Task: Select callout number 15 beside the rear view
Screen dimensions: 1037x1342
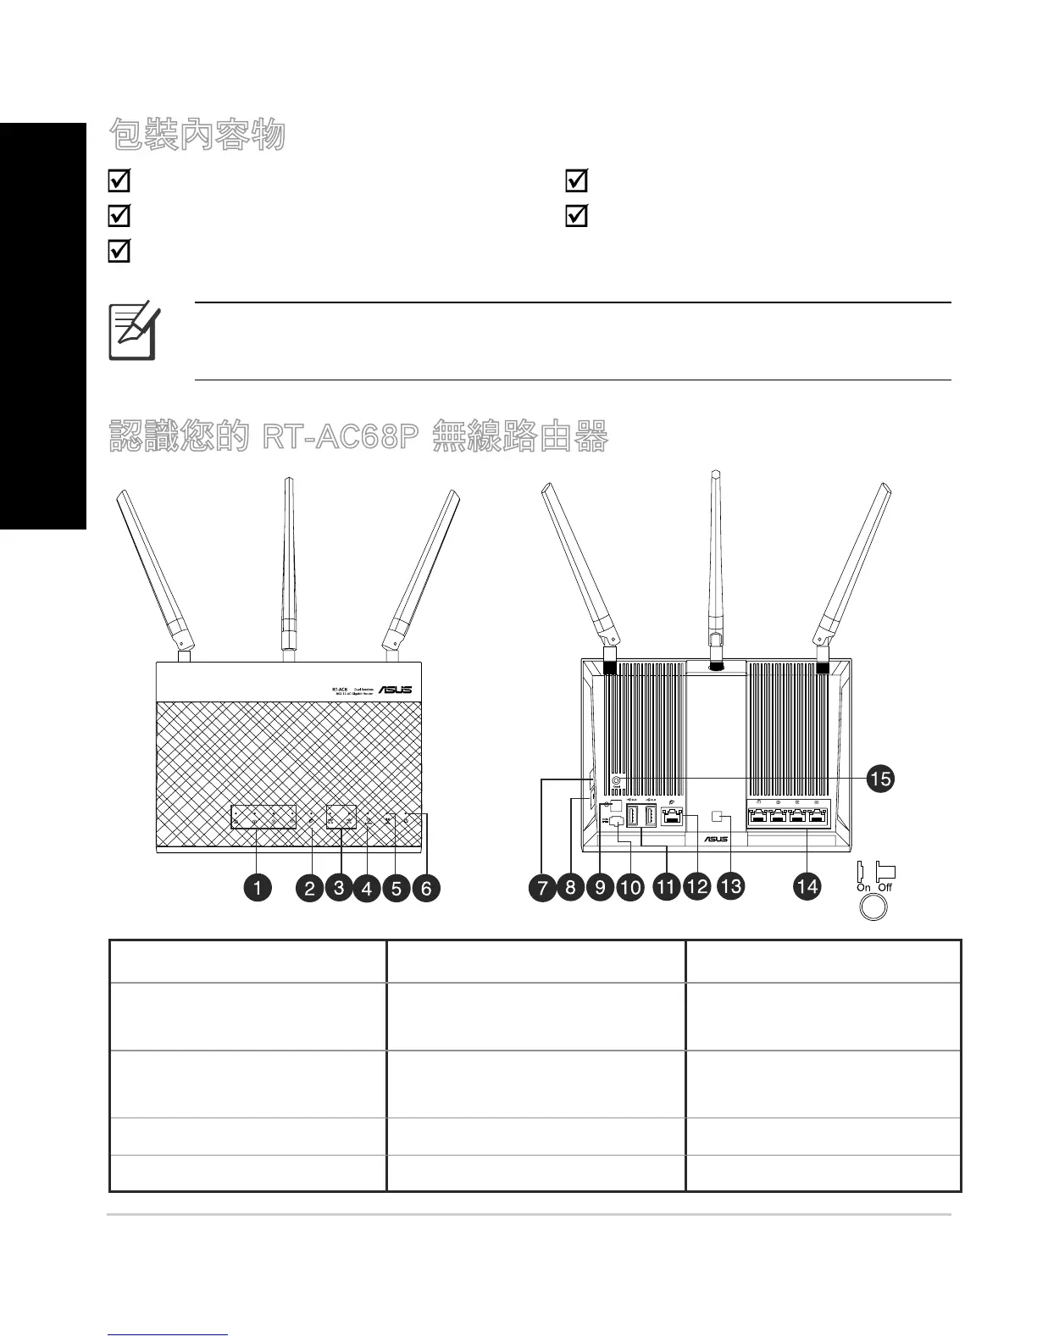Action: click(881, 777)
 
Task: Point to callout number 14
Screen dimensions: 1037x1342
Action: click(807, 886)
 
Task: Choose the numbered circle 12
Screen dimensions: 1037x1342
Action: click(696, 886)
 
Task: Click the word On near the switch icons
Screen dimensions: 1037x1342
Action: click(863, 887)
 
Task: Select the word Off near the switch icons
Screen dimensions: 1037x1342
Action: click(884, 887)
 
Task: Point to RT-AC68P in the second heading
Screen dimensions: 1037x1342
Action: click(341, 437)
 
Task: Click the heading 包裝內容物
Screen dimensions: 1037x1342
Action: click(197, 135)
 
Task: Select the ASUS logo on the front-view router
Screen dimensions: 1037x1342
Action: click(395, 690)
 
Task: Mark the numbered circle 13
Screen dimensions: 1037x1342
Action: click(729, 886)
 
